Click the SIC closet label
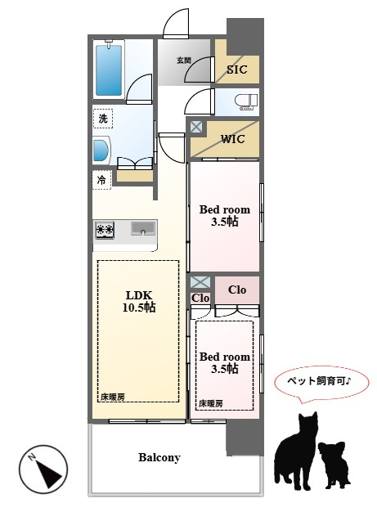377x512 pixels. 237,70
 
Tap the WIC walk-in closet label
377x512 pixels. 233,139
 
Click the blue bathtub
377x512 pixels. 109,70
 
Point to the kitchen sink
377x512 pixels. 143,228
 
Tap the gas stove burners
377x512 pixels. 105,230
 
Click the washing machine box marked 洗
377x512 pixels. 102,119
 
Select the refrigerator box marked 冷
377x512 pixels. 102,180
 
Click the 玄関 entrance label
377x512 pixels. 184,61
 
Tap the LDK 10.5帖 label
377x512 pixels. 139,301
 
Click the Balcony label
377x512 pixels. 159,457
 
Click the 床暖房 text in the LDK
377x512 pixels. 113,397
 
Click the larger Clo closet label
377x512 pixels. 237,290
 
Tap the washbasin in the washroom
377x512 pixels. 101,150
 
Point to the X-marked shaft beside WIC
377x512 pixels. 196,127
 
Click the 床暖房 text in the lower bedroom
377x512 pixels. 211,403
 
